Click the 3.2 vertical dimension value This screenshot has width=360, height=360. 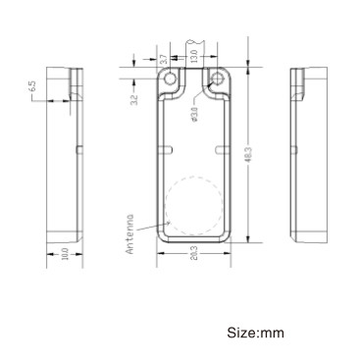point(134,95)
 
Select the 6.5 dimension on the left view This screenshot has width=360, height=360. point(33,88)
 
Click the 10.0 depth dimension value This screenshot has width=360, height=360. point(65,254)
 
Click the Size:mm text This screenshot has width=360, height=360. point(256,333)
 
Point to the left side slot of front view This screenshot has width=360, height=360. point(167,149)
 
